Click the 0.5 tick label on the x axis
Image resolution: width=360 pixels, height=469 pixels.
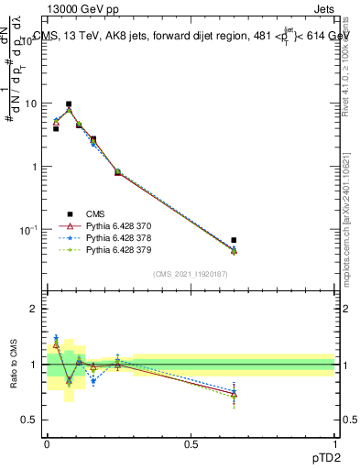pos(191,443)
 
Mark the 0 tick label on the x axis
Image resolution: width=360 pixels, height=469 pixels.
pos(47,443)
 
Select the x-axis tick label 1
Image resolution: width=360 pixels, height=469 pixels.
pos(334,443)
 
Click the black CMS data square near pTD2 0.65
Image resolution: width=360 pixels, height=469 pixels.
pos(234,240)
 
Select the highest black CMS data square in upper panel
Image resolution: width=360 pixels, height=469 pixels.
pos(69,104)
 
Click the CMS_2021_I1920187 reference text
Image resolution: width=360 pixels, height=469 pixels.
pos(191,274)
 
